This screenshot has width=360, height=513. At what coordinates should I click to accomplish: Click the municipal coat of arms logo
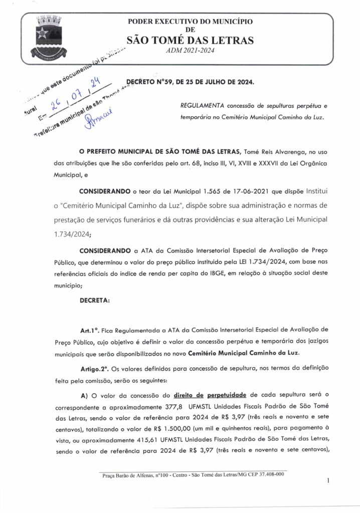tap(49, 37)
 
